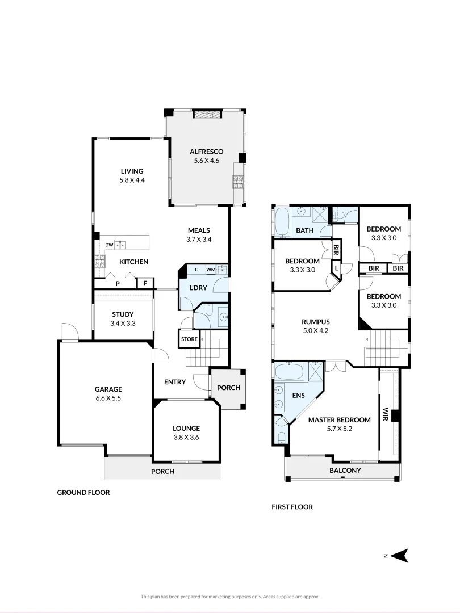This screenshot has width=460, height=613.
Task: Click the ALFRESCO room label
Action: click(x=206, y=152)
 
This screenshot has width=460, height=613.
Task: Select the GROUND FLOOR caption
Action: click(x=83, y=493)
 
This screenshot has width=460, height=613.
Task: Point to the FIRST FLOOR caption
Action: click(x=292, y=507)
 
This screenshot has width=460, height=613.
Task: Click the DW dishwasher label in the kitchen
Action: click(x=108, y=245)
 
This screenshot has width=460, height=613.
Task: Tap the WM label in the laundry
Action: click(x=210, y=270)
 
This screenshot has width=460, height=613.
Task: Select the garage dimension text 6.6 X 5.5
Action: click(x=108, y=398)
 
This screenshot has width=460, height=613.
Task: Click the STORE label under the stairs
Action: click(x=189, y=339)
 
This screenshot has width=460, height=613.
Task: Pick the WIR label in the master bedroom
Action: click(x=385, y=413)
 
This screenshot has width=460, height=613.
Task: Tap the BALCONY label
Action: click(x=345, y=471)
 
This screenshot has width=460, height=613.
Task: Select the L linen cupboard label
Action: click(x=336, y=267)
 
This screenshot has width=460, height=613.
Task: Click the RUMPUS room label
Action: click(x=316, y=321)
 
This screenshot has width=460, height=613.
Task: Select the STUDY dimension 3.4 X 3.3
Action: click(x=123, y=324)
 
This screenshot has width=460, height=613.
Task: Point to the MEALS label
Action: click(x=199, y=230)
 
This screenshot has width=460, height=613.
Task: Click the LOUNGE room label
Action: click(x=186, y=428)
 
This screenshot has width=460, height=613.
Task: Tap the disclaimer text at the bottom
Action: click(x=229, y=597)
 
